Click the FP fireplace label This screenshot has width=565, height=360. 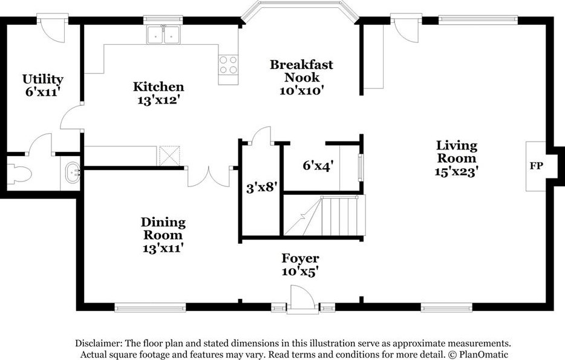(x=536, y=166)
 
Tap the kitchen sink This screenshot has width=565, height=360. (x=163, y=34)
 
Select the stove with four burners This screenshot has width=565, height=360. (x=229, y=65)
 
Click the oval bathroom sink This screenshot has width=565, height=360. (x=73, y=173)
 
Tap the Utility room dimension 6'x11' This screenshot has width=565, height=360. (x=42, y=92)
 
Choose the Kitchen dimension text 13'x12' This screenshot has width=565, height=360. (x=158, y=100)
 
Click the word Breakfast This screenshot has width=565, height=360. (x=302, y=65)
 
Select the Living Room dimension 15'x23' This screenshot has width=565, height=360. (x=456, y=172)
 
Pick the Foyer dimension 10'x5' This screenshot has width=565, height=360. (x=300, y=271)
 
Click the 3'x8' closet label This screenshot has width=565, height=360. (x=261, y=188)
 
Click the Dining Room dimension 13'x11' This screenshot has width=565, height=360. (x=163, y=248)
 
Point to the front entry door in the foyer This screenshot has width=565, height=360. (x=301, y=298)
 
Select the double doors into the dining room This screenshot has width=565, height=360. (x=209, y=177)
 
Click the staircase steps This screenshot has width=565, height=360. (x=325, y=215)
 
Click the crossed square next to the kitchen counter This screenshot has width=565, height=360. (x=169, y=155)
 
